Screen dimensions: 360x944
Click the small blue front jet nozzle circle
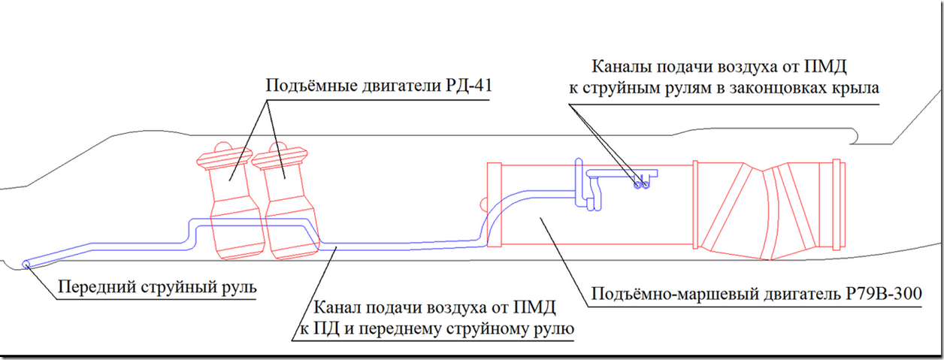pos(28,263)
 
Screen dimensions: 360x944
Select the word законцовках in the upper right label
pos(779,88)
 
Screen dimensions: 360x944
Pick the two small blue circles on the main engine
pos(640,183)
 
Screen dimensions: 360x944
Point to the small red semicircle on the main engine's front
pos(484,202)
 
